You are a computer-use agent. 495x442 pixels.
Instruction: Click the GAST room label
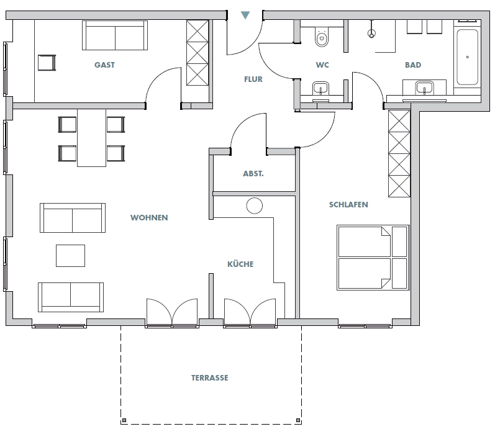pos(104,65)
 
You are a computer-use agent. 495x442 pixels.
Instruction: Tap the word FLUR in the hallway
pos(253,79)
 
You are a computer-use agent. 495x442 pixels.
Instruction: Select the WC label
pos(322,65)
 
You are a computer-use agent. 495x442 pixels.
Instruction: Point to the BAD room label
pos(413,65)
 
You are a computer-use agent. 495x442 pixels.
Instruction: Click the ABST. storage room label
pos(253,174)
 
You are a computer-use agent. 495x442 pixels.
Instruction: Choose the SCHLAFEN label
pos(348,204)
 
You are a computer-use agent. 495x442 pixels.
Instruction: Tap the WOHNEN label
pos(149,218)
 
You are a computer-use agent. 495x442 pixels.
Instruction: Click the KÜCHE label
pos(240,264)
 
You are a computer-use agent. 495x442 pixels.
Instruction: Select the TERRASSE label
pos(209,377)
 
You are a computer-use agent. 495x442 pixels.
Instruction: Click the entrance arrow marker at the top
pos(245,14)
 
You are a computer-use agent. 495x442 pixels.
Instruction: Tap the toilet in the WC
pos(321,38)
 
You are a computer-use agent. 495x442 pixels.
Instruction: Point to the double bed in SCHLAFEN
pos(373,258)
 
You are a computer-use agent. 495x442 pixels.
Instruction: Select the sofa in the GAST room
pos(115,36)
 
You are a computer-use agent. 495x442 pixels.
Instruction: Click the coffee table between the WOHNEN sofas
pos(70,255)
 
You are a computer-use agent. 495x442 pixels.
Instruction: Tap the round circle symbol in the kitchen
pos(254,206)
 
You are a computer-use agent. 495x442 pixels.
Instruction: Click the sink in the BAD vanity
pos(425,88)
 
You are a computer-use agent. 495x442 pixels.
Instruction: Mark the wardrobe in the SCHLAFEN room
pos(399,153)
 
